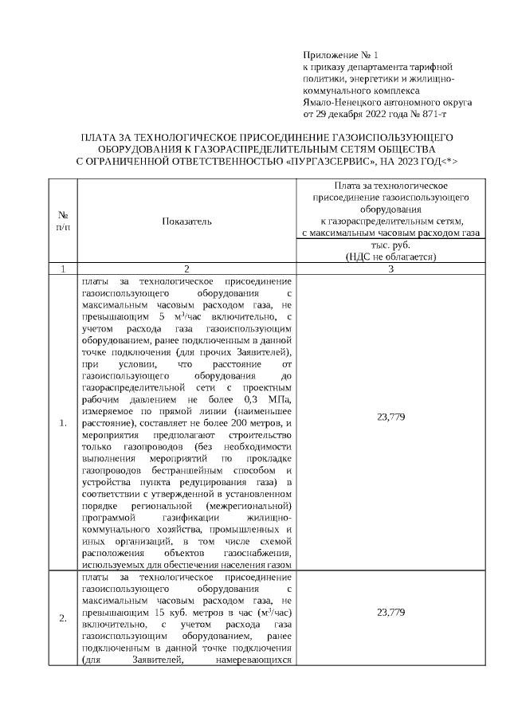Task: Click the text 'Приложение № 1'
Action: [337, 55]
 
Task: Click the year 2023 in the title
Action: [406, 161]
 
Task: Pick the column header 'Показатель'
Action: [186, 221]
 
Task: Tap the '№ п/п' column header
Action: [63, 221]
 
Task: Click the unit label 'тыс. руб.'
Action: [390, 246]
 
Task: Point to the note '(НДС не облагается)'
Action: [390, 257]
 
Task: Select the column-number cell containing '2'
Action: [186, 268]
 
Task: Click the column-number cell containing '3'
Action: [390, 268]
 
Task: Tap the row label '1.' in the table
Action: [63, 422]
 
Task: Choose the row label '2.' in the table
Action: [63, 618]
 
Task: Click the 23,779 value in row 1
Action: [390, 417]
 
